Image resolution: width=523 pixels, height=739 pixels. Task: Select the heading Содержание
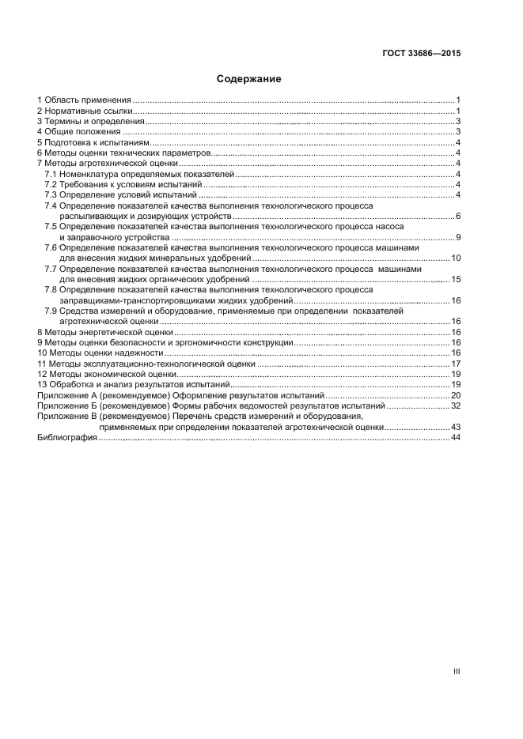click(249, 79)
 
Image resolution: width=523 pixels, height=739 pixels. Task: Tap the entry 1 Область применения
click(84, 100)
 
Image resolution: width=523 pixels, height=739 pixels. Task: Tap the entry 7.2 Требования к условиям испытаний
click(124, 184)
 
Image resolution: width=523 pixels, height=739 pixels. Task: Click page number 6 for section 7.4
click(458, 217)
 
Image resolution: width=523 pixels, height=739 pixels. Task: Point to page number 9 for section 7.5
click(458, 237)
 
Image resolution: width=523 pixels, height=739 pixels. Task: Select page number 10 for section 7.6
click(456, 258)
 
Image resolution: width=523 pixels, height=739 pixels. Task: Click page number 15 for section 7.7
click(456, 280)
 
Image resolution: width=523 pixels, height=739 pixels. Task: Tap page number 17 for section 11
click(456, 364)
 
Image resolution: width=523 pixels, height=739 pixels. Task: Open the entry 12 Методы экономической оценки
click(96, 375)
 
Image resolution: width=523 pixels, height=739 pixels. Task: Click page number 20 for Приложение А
click(456, 395)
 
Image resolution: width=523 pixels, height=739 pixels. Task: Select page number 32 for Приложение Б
click(456, 405)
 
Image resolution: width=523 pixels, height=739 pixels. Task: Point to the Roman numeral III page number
click(457, 671)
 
